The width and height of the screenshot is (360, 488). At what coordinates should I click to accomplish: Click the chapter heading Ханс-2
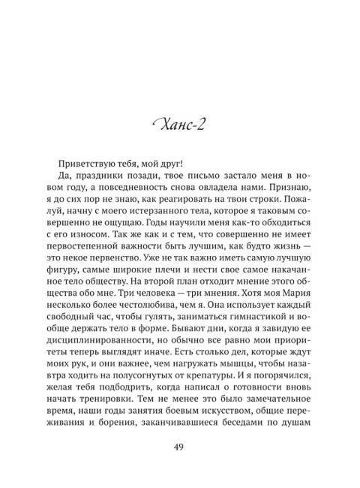(x=180, y=123)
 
